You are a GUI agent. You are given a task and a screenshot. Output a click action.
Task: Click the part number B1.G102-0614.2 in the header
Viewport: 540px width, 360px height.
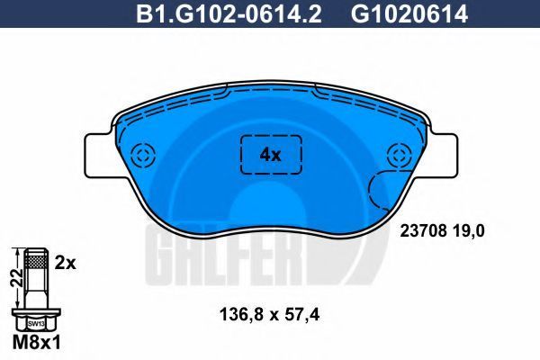(x=229, y=13)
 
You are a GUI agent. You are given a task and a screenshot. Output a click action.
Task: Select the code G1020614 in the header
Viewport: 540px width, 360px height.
(x=409, y=13)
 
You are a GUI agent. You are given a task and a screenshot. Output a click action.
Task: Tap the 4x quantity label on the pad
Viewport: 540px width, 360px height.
(x=270, y=156)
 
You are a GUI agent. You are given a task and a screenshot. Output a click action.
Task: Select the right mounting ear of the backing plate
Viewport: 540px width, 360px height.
(x=443, y=155)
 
